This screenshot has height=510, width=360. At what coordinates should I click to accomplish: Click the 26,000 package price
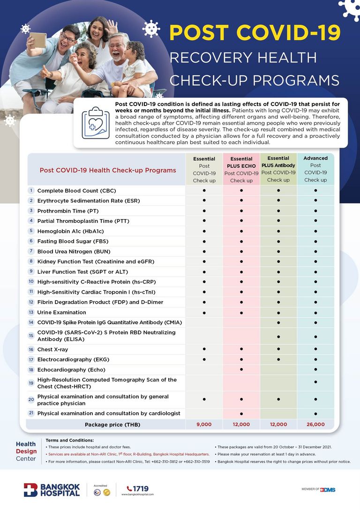point(315,424)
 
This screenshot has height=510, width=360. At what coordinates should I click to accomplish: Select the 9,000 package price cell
point(204,424)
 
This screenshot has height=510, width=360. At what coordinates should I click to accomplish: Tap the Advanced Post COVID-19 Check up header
point(315,169)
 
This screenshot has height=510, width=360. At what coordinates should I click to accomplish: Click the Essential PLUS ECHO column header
point(241,169)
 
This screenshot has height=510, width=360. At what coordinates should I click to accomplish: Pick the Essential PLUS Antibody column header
point(278,169)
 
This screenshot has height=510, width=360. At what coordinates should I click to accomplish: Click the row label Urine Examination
point(61,312)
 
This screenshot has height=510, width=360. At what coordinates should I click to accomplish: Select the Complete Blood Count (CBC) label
point(76,191)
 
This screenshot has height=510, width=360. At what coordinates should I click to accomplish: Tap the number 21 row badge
point(31,413)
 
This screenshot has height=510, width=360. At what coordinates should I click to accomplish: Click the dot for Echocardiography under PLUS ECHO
point(241,370)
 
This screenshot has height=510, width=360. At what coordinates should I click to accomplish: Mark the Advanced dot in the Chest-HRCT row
point(315,383)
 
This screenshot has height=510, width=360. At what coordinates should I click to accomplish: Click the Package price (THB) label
point(112,425)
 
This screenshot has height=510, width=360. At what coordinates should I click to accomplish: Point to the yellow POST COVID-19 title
point(255,33)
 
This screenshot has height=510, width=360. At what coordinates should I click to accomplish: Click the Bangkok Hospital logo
point(52,490)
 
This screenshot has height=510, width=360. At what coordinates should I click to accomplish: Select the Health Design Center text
point(26,451)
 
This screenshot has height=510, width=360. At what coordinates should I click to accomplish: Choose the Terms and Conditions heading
point(70,440)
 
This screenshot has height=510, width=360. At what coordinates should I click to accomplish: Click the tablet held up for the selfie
point(38,40)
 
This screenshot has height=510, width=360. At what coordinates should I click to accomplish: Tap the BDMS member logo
point(328,490)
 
